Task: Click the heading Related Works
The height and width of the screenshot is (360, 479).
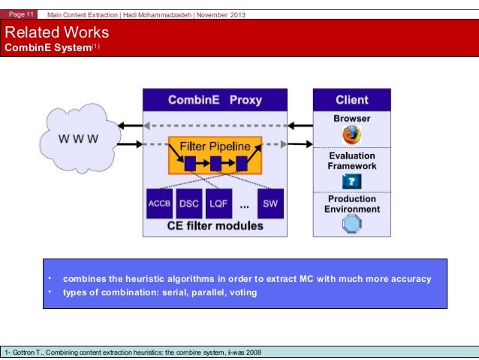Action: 57,33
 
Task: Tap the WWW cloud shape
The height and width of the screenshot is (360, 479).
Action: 79,140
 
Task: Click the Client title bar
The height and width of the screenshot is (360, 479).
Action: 351,99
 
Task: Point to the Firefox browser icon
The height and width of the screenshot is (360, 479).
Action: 351,135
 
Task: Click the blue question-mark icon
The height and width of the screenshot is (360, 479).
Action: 351,180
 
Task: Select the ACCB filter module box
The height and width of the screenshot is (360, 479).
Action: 161,202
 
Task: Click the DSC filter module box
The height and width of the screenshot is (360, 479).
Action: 190,202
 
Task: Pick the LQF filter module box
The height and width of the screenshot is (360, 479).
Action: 218,202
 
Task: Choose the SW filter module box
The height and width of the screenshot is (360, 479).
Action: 270,202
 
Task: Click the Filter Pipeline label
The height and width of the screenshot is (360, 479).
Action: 215,146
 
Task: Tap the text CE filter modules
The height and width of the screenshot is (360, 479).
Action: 215,225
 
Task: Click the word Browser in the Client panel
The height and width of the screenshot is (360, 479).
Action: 351,119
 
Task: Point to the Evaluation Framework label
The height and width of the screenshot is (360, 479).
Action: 351,161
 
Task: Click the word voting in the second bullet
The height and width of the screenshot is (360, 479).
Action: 242,292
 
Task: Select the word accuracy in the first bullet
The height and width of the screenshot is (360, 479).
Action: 409,279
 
